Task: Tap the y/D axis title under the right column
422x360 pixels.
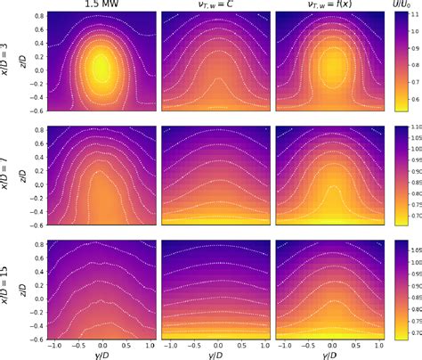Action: click(x=330, y=355)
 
